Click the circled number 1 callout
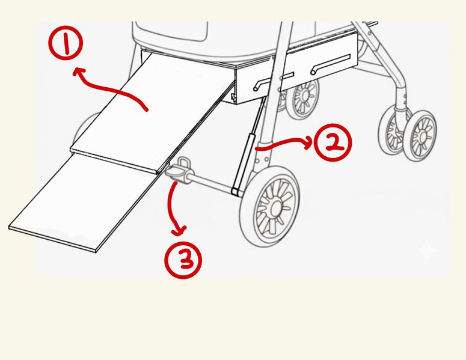[x=66, y=43]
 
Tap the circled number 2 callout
[x=333, y=142]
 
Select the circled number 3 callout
[x=183, y=260]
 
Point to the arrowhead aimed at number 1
[x=78, y=72]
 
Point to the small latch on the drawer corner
[x=233, y=96]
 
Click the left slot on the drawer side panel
[x=274, y=81]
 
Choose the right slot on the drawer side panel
[x=330, y=64]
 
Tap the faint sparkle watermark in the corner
[x=427, y=249]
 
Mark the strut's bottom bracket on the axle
[x=237, y=191]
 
